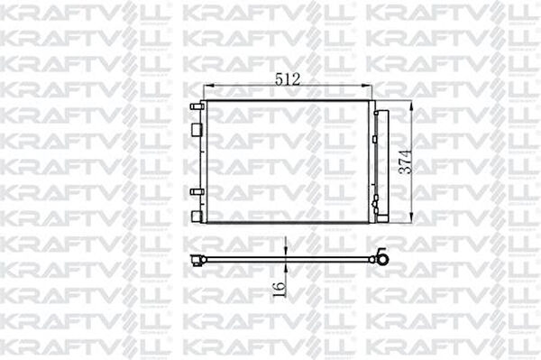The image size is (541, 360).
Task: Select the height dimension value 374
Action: click(x=408, y=160)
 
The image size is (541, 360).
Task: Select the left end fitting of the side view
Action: click(x=198, y=262)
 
